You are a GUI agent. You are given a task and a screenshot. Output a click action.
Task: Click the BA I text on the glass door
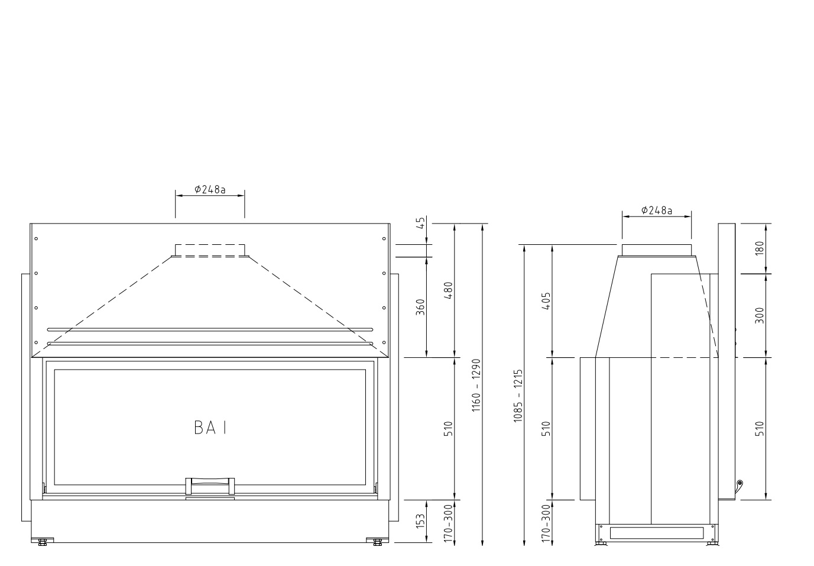click(210, 428)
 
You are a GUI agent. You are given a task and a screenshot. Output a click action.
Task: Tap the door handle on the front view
click(210, 486)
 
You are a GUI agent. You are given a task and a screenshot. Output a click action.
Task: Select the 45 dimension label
click(420, 222)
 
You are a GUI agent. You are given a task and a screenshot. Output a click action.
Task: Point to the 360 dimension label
click(420, 307)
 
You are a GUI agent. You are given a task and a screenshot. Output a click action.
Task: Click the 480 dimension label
click(449, 290)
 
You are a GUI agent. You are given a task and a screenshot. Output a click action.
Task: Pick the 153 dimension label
click(420, 521)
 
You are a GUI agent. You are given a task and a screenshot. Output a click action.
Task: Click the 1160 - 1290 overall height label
click(476, 386)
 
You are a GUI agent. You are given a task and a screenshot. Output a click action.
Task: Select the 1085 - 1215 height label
click(518, 396)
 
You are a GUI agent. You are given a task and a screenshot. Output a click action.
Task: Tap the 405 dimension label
click(546, 300)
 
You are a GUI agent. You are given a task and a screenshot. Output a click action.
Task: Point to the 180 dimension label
click(760, 248)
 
